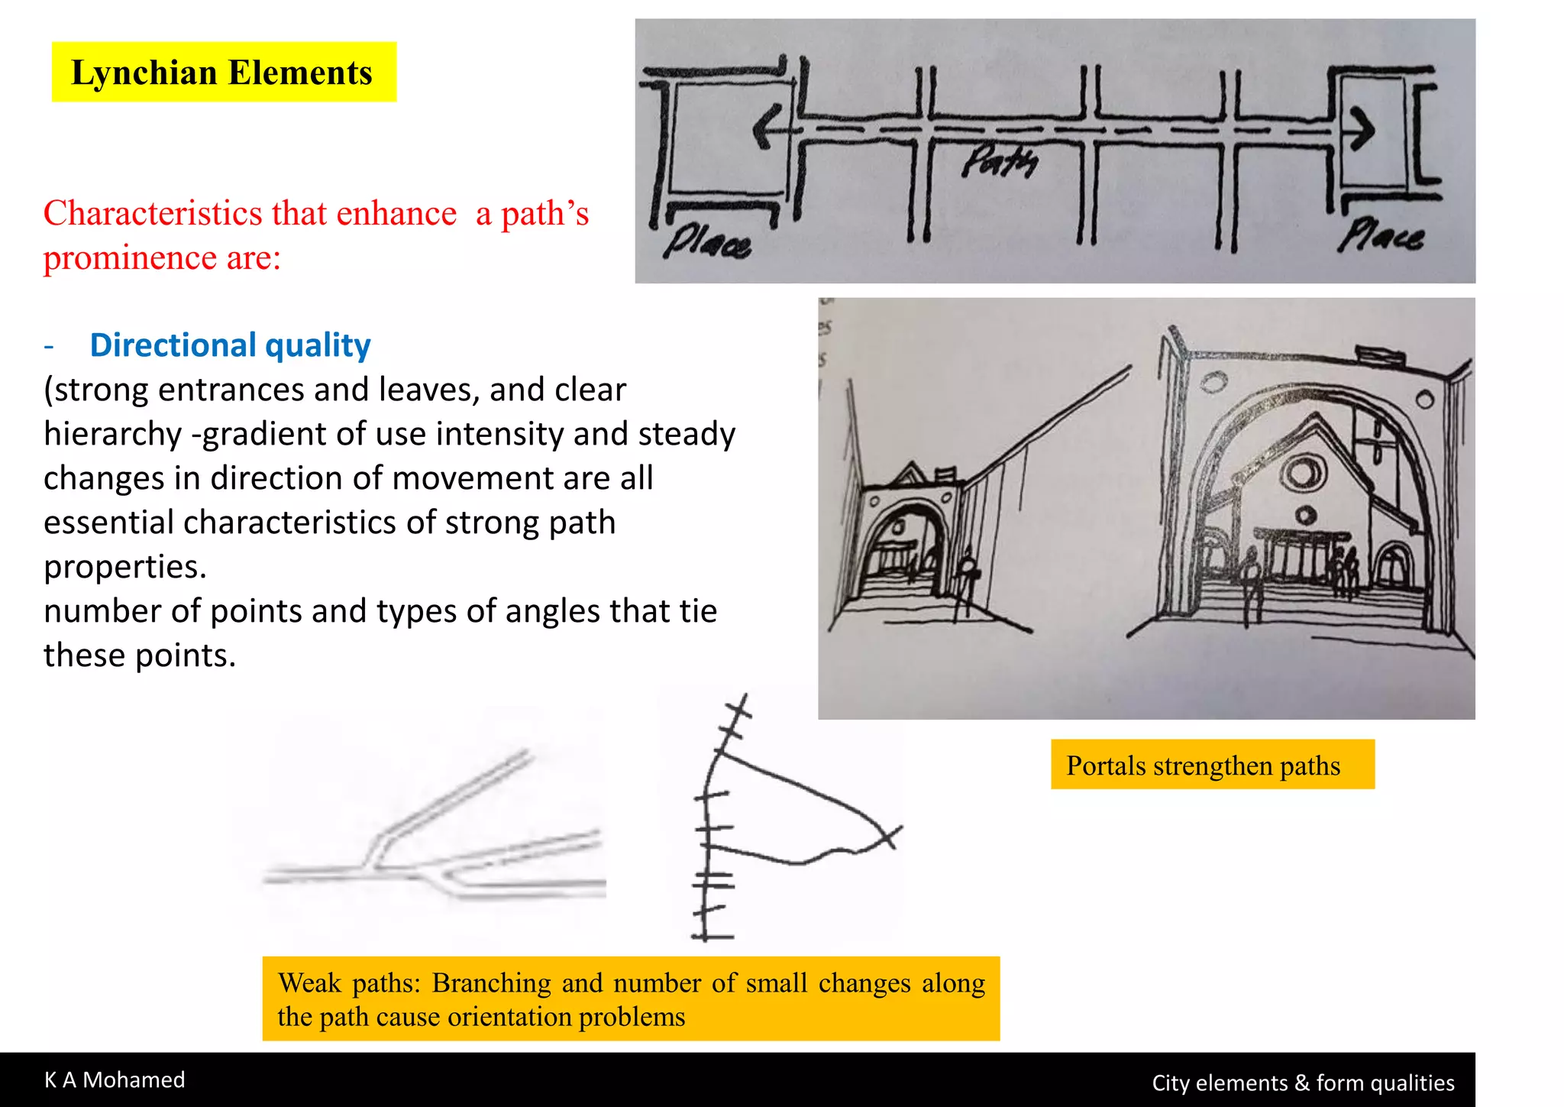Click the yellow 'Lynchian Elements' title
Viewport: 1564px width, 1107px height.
(222, 73)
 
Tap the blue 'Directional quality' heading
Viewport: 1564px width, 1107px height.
(230, 345)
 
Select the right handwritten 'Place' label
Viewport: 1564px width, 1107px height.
(1380, 235)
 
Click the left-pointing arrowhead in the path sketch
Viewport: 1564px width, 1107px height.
(766, 127)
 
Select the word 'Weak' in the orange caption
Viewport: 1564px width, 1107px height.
(309, 982)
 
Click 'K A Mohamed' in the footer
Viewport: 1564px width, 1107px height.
(115, 1079)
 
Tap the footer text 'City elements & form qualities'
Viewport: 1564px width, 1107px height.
(1303, 1083)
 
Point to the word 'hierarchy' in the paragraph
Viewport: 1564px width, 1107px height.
(112, 434)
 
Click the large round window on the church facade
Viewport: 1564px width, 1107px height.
(1303, 473)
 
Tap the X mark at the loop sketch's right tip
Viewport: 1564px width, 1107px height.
(890, 837)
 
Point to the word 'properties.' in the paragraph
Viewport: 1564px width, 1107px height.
(125, 567)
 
